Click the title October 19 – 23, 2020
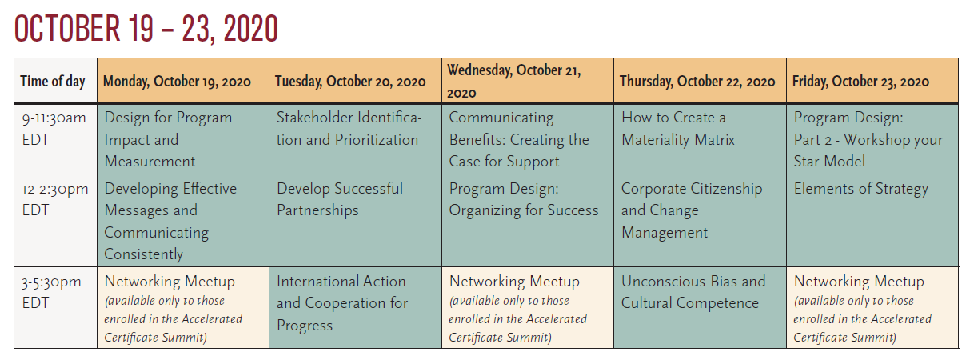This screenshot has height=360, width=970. (146, 29)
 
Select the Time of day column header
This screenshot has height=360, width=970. (53, 82)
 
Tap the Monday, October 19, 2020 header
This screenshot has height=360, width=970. (177, 82)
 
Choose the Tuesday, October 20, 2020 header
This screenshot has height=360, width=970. (350, 82)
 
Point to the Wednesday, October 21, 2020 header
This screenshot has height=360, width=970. (514, 82)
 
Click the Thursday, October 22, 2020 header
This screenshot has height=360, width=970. (697, 82)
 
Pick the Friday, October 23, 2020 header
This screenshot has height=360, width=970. (860, 82)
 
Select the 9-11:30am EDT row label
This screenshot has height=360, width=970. (54, 129)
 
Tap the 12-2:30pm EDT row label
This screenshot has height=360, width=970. (55, 199)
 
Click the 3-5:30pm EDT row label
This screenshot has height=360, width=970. (51, 292)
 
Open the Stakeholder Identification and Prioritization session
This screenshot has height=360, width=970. (349, 129)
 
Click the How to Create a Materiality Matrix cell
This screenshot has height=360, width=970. (677, 129)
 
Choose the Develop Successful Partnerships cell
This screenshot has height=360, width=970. (340, 199)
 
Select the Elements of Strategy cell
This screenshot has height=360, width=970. (861, 189)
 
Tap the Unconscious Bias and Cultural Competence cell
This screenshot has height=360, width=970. (693, 292)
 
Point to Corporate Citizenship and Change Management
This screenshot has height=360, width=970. (692, 210)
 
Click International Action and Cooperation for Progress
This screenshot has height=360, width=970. (342, 303)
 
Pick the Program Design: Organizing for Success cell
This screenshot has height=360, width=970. (524, 199)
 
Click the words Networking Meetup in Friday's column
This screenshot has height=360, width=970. (859, 282)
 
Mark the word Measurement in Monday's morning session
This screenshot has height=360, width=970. (150, 162)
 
